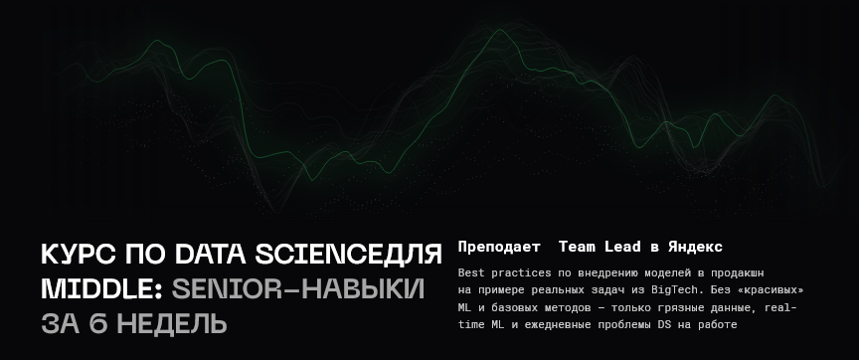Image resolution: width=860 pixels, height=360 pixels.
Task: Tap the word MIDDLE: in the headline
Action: [x=102, y=289]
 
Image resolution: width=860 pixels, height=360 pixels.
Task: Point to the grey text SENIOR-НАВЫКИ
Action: [x=298, y=289]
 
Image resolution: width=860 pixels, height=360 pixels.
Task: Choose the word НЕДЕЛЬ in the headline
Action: [x=172, y=324]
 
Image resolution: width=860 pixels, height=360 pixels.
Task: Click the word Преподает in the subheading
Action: [x=499, y=247]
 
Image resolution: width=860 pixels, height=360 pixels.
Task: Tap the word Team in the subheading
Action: [x=577, y=247]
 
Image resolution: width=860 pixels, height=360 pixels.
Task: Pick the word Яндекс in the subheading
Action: [x=696, y=247]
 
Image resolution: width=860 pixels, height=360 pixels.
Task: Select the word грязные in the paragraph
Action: [x=689, y=307]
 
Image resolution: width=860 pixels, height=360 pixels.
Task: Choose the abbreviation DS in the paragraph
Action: [x=663, y=324]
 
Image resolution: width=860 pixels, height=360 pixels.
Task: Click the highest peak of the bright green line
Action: [x=500, y=30]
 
